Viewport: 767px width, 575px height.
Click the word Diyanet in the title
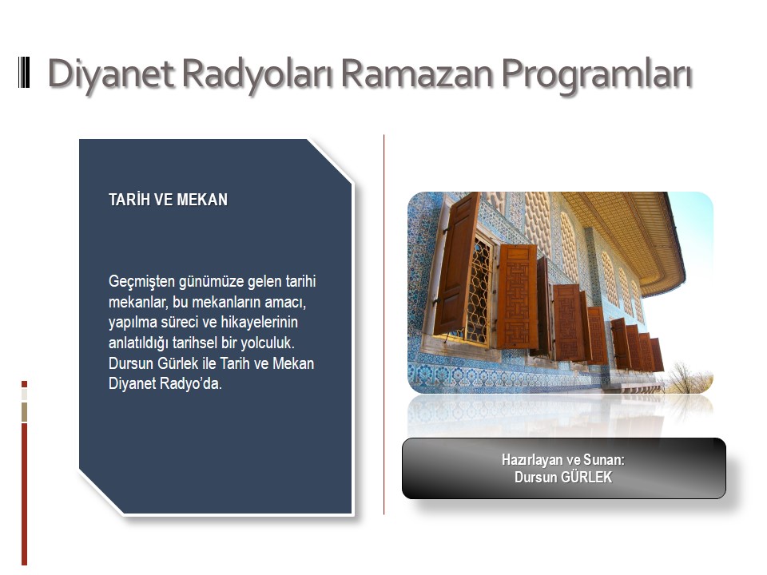coord(110,74)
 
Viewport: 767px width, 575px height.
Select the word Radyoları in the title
coord(258,74)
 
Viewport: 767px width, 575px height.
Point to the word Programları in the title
coord(597,74)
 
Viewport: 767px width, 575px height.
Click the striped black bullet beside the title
coord(24,73)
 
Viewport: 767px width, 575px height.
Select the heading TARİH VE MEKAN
coord(169,200)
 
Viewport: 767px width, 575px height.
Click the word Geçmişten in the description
coord(141,282)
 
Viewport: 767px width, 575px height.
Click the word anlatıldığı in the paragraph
coord(138,343)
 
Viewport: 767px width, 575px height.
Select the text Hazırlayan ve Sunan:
coord(563,460)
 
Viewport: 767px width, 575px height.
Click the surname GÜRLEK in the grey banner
coord(586,478)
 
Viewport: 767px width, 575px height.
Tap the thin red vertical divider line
coord(384,324)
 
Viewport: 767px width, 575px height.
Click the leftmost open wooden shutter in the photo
coord(456,264)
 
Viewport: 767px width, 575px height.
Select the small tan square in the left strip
coord(25,412)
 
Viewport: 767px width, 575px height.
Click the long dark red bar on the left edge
coord(25,494)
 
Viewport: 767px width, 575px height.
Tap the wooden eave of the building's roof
coord(631,235)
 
